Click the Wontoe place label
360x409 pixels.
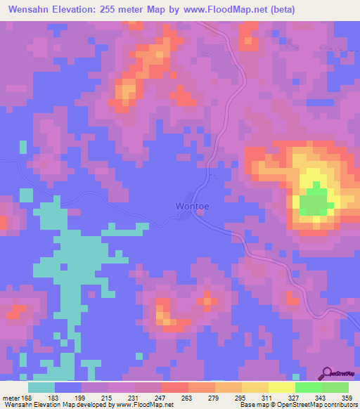pyautogui.click(x=193, y=207)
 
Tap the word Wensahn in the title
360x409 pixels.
pyautogui.click(x=28, y=9)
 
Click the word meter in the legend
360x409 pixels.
pyautogui.click(x=10, y=398)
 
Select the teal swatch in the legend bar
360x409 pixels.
pyautogui.click(x=41, y=387)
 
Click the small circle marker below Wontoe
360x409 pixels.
pyautogui.click(x=200, y=215)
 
